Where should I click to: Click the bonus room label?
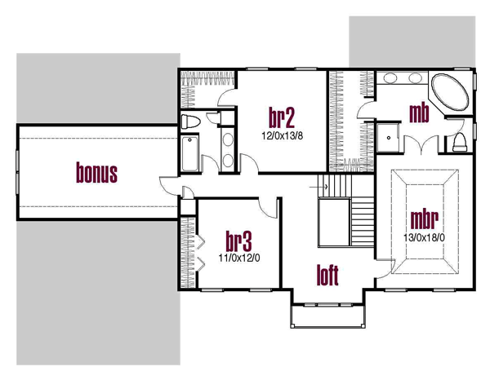(x=96, y=173)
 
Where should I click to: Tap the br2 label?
(x=282, y=117)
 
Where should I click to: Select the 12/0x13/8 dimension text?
(x=283, y=135)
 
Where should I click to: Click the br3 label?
(x=238, y=241)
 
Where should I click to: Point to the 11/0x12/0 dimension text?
(x=239, y=258)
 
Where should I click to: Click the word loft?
(x=327, y=275)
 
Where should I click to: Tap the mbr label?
(x=424, y=219)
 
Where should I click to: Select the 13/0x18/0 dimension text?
(x=424, y=238)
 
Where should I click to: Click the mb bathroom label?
(x=419, y=113)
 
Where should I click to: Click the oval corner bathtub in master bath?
(x=450, y=91)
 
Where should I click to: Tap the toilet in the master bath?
(x=459, y=142)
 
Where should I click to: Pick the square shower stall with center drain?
(x=388, y=138)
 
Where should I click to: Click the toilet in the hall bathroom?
(x=190, y=122)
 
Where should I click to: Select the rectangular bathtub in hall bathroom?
(x=189, y=153)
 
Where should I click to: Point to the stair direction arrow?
(x=318, y=188)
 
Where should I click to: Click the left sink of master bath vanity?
(x=390, y=78)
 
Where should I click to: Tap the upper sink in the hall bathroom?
(x=228, y=139)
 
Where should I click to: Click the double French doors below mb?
(x=421, y=144)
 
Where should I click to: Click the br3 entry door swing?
(x=268, y=208)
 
